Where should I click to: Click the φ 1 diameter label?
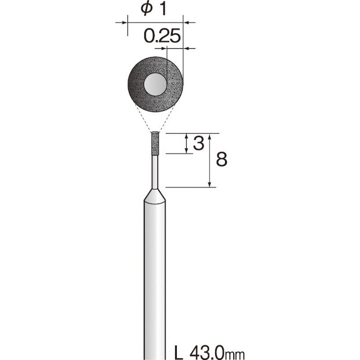pos(154,9)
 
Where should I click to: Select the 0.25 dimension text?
pos(162,36)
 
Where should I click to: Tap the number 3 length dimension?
pos(199,144)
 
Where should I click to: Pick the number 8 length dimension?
pos(221,159)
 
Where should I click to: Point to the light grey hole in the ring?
pos(155,84)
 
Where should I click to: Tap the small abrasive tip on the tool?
pos(154,144)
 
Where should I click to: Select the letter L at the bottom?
pos(178,351)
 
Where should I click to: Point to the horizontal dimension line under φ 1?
pos(155,22)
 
